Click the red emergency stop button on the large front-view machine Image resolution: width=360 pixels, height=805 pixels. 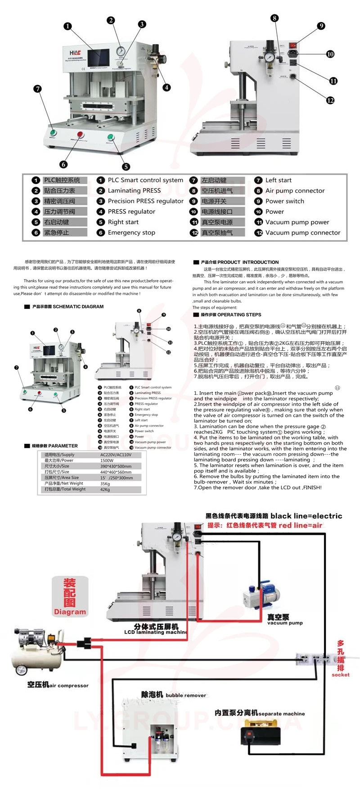(x=81, y=134)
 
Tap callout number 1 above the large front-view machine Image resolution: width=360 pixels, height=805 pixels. (x=67, y=26)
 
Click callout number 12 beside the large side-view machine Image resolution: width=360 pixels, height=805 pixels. (x=330, y=100)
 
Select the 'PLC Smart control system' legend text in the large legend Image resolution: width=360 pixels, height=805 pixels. (x=145, y=180)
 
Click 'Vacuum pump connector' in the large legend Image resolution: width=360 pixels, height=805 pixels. (x=302, y=233)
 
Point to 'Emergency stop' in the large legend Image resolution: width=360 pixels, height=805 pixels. (x=131, y=233)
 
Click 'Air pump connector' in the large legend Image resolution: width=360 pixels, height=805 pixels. (x=295, y=191)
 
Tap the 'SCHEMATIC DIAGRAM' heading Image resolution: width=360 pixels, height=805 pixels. (x=78, y=307)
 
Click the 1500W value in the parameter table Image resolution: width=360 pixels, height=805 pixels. (x=107, y=461)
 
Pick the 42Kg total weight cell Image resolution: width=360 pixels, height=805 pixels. (x=105, y=489)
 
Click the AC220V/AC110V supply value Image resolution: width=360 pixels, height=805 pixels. (x=116, y=455)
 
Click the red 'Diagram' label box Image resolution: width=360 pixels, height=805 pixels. (x=70, y=596)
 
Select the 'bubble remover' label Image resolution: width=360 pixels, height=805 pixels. (x=185, y=696)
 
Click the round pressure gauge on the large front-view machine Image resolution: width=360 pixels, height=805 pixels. (x=120, y=51)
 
